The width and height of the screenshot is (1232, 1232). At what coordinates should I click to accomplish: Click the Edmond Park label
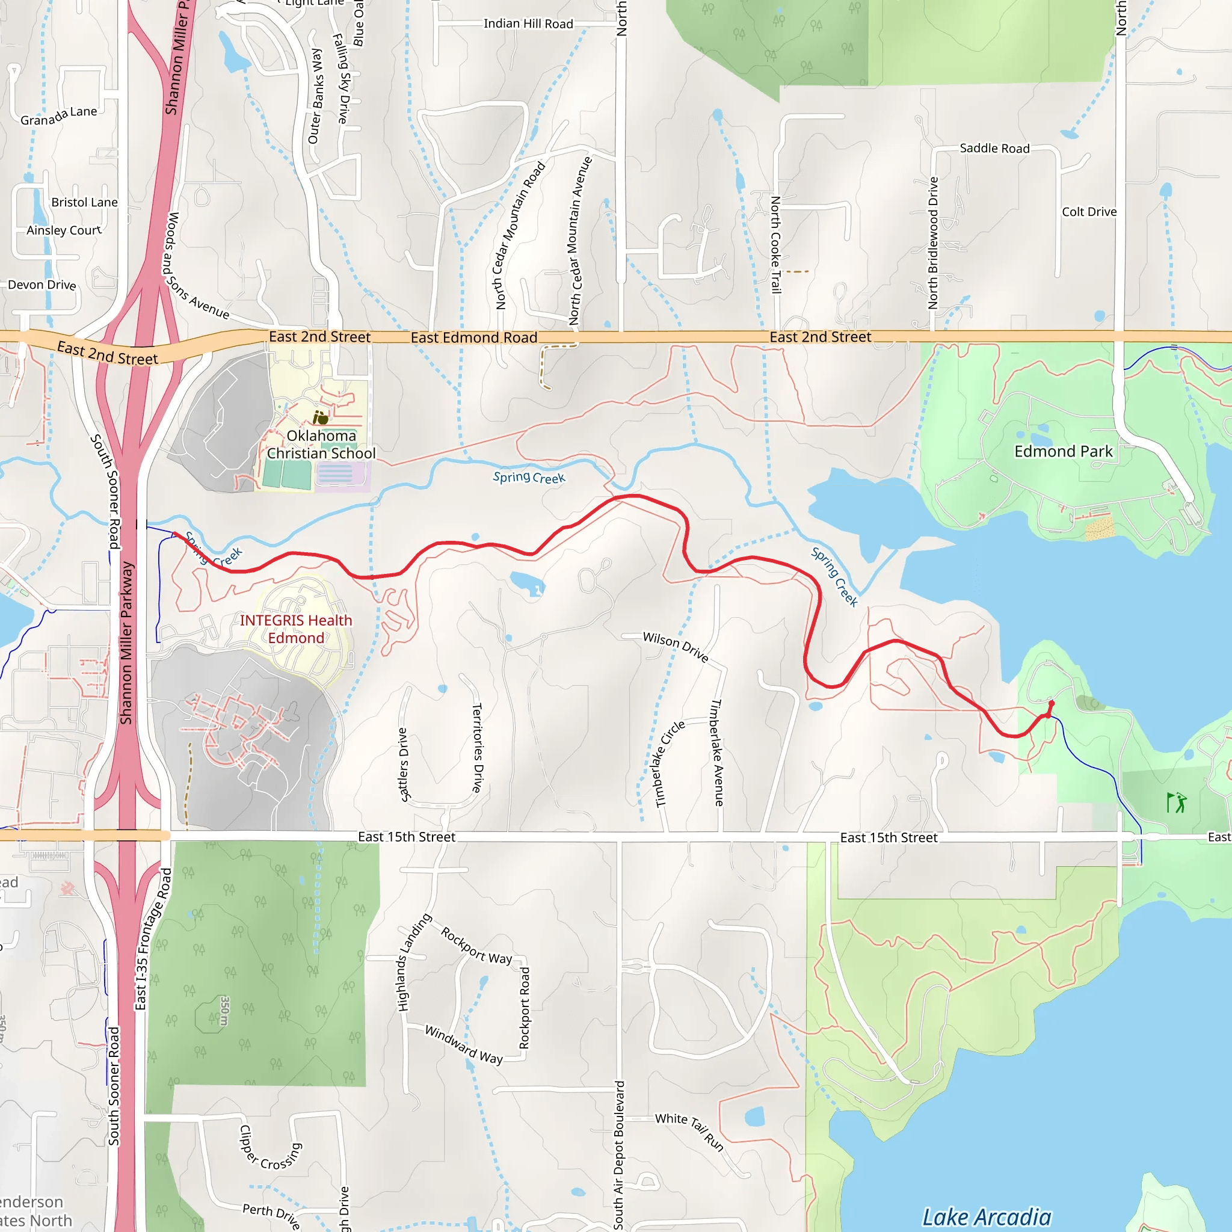[1063, 452]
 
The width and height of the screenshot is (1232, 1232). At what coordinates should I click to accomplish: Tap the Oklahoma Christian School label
[321, 445]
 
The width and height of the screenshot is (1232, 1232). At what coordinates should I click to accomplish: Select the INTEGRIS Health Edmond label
[295, 629]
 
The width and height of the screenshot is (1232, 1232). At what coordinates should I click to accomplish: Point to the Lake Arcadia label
[987, 1217]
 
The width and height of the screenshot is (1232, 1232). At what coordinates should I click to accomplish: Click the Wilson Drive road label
[676, 647]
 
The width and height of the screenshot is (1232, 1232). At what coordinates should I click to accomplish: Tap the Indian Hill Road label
[528, 23]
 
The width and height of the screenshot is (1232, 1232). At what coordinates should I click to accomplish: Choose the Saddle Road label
[994, 149]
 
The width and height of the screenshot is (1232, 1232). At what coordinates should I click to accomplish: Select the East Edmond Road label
[474, 337]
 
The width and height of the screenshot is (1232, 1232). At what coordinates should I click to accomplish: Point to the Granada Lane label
[59, 116]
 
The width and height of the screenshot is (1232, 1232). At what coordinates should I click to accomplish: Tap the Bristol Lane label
[84, 202]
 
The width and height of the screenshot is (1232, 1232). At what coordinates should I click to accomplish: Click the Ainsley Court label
[64, 230]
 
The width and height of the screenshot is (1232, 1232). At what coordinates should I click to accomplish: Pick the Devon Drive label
[42, 285]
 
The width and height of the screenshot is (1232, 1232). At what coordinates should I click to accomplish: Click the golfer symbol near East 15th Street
[1177, 802]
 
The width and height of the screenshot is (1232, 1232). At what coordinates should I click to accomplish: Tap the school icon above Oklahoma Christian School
[320, 417]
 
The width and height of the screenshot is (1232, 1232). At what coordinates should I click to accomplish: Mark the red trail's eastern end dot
[1052, 704]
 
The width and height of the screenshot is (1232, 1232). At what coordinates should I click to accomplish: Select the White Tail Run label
[690, 1132]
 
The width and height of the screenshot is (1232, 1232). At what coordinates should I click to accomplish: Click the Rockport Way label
[476, 946]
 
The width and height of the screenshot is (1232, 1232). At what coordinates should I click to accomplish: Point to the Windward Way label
[464, 1044]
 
